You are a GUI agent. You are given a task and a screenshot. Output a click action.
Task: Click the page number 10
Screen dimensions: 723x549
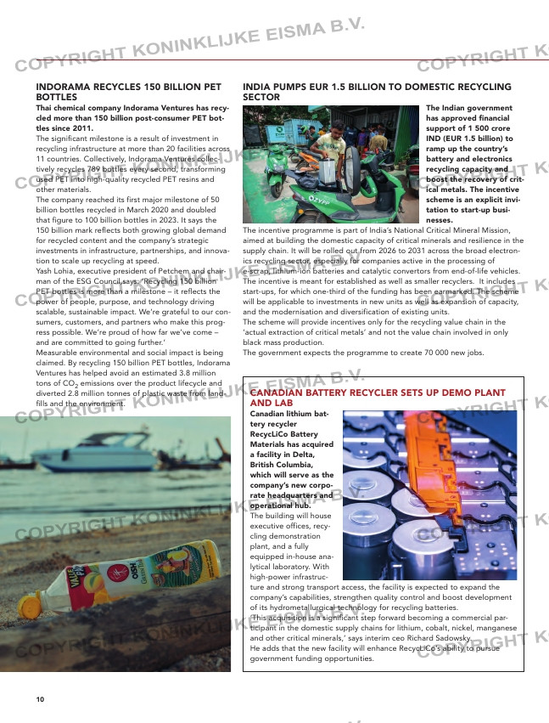40,698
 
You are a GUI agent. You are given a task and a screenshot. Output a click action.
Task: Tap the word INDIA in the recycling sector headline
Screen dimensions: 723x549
256,88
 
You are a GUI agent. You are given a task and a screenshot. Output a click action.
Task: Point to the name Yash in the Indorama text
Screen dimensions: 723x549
45,270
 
